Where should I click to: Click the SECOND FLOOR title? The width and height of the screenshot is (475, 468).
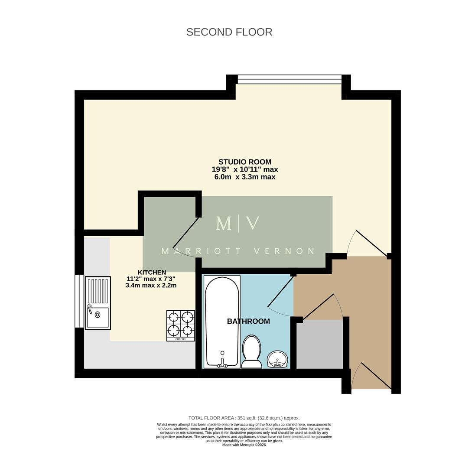[x=229, y=32]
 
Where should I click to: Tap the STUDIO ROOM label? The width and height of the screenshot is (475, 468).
[x=245, y=162]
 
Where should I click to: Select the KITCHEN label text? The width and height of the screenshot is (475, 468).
[x=152, y=272]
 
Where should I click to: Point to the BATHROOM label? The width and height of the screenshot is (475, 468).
[x=248, y=321]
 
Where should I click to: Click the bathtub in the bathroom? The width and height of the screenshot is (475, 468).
[x=222, y=322]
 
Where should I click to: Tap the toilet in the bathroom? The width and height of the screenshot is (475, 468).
[x=251, y=351]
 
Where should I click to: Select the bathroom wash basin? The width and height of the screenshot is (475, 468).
[x=277, y=359]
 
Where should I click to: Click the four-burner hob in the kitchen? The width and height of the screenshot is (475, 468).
[x=181, y=325]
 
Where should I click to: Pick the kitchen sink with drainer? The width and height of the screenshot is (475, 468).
[x=98, y=303]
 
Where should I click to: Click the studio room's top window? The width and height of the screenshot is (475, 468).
[x=290, y=79]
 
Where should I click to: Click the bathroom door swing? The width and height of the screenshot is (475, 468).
[x=281, y=296]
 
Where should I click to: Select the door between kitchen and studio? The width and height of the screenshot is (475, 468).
[x=185, y=238]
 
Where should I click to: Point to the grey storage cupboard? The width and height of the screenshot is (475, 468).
[x=319, y=344]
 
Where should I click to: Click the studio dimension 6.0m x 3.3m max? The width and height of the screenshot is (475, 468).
[x=245, y=177]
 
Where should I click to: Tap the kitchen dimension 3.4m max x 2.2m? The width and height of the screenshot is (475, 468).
[x=151, y=286]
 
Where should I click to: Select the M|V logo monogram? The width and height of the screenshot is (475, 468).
[x=238, y=224]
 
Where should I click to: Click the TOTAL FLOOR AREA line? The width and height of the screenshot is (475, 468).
[x=244, y=418]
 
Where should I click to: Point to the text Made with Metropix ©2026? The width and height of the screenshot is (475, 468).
[x=244, y=445]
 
